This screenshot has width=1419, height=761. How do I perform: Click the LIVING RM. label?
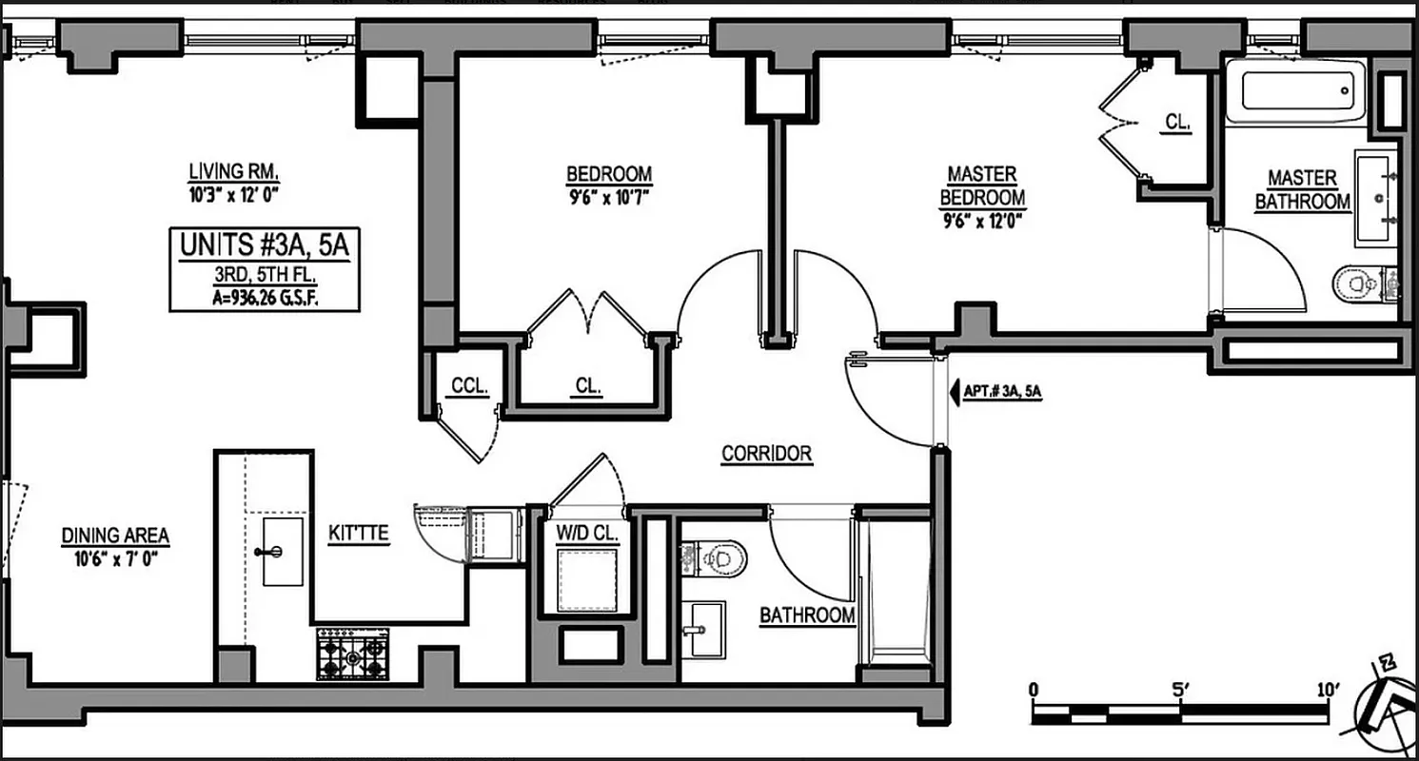[x=233, y=172]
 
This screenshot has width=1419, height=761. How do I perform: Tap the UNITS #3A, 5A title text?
[x=265, y=245]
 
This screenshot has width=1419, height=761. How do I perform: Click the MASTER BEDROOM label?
[x=982, y=186]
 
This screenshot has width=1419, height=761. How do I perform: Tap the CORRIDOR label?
[x=766, y=454]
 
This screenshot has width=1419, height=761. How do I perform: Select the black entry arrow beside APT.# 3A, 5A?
[x=955, y=390]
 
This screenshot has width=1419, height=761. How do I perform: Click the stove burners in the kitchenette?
[x=352, y=654]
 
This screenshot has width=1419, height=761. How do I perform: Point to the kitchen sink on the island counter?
[x=282, y=552]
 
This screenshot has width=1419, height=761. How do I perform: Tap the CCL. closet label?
[x=469, y=386]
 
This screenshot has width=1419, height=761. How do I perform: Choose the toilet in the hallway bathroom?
[x=717, y=557]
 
